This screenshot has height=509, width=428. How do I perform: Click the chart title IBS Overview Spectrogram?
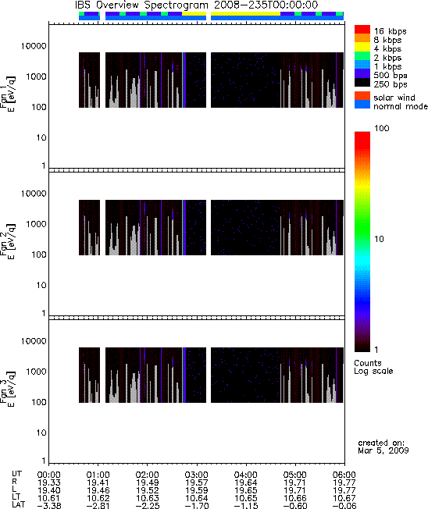pos(141,5)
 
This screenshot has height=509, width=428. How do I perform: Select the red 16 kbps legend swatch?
pos(362,29)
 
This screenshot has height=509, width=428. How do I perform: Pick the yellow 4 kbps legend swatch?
pos(362,47)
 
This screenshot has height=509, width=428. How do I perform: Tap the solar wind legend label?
pos(394,98)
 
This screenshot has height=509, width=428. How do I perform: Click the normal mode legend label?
pos(401,106)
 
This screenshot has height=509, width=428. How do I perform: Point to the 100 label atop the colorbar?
pos(382,128)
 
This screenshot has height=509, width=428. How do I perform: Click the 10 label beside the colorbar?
pos(380,239)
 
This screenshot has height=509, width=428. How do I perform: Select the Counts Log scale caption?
pos(373,367)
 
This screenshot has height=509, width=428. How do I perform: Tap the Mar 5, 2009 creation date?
pos(383,450)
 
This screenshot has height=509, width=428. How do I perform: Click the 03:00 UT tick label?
pos(197,475)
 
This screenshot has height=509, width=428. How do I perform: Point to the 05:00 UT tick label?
pos(295,475)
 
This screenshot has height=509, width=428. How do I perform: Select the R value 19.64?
pos(246,482)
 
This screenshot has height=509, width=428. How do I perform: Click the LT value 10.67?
pos(344,498)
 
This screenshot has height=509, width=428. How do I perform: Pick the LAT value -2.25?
pos(147,506)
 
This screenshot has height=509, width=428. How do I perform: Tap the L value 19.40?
pos(48,490)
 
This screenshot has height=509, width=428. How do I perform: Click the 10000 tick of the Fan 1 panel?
pos(34,46)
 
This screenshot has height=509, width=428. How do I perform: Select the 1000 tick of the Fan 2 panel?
pos(36,224)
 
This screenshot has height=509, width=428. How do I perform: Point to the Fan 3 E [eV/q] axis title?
pos(7,388)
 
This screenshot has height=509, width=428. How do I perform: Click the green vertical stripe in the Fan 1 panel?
pos(184,80)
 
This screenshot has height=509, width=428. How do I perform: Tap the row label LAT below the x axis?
pos(18,505)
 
